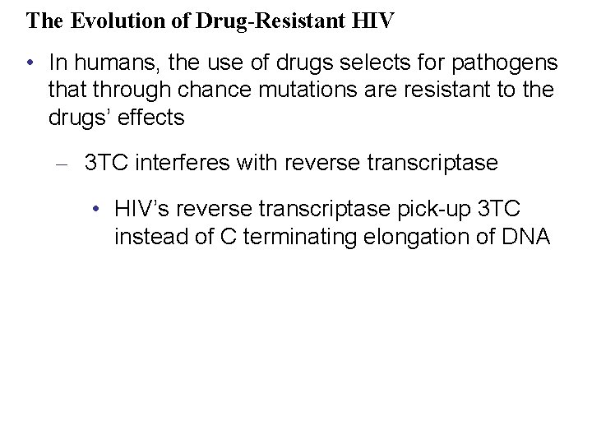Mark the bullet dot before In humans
pyautogui.click(x=30, y=62)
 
